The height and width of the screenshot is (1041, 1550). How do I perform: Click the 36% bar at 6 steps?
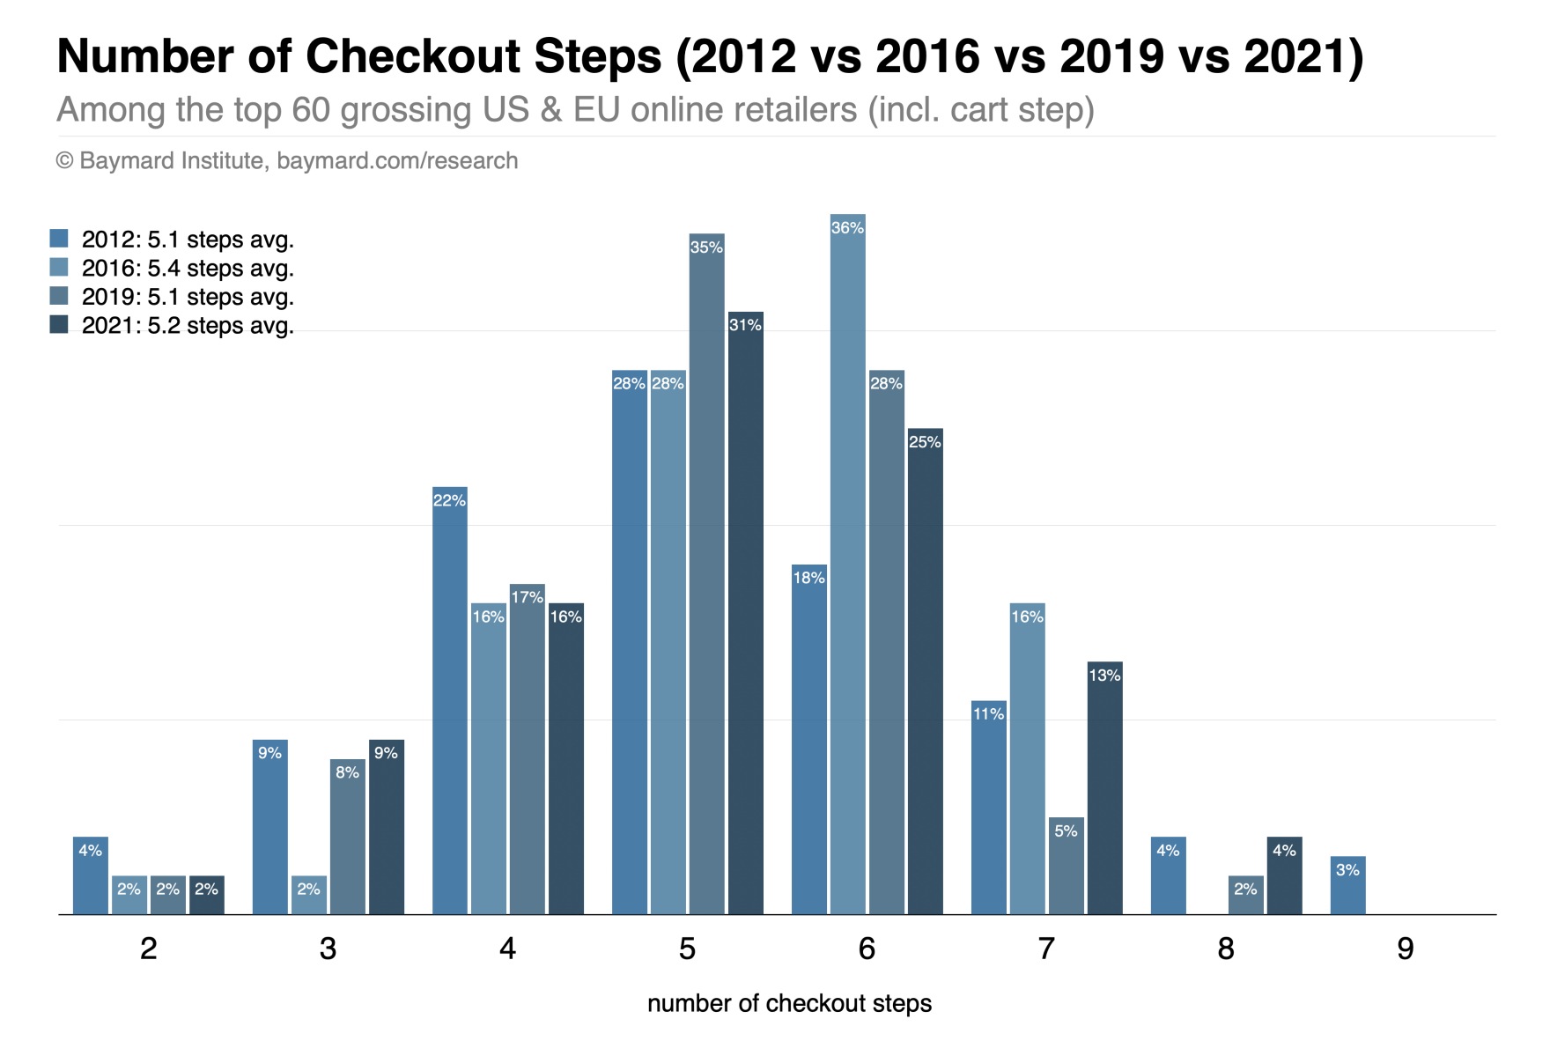[x=847, y=564]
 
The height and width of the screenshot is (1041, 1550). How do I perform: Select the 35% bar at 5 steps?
[x=706, y=573]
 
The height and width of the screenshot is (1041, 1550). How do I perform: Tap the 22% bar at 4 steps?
[x=449, y=700]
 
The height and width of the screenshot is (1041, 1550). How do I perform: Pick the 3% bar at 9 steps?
[x=1347, y=885]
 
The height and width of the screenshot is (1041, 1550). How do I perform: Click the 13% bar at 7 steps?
[x=1104, y=787]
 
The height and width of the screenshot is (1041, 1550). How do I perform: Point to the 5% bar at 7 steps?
[x=1066, y=866]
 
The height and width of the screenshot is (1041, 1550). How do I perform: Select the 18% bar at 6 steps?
[x=808, y=739]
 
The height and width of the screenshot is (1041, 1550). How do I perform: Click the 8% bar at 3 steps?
[x=347, y=837]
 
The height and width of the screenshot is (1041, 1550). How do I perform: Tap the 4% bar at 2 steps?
[x=90, y=875]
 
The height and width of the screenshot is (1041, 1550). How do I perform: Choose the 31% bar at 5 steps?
[x=745, y=613]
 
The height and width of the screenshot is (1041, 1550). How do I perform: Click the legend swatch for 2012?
[x=59, y=239]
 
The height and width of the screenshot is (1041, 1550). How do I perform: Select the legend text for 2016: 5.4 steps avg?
[x=188, y=269]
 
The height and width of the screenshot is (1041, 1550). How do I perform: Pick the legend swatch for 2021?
[x=59, y=325]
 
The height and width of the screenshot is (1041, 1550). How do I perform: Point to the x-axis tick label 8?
[x=1225, y=949]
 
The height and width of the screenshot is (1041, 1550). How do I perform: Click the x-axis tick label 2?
[x=148, y=949]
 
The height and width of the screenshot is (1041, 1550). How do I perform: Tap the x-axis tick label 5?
[x=687, y=949]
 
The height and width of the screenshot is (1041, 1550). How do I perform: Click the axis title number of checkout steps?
[x=789, y=1004]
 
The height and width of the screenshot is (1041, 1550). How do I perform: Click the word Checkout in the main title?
[x=483, y=56]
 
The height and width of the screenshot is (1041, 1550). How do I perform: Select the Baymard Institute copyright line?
[x=287, y=161]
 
